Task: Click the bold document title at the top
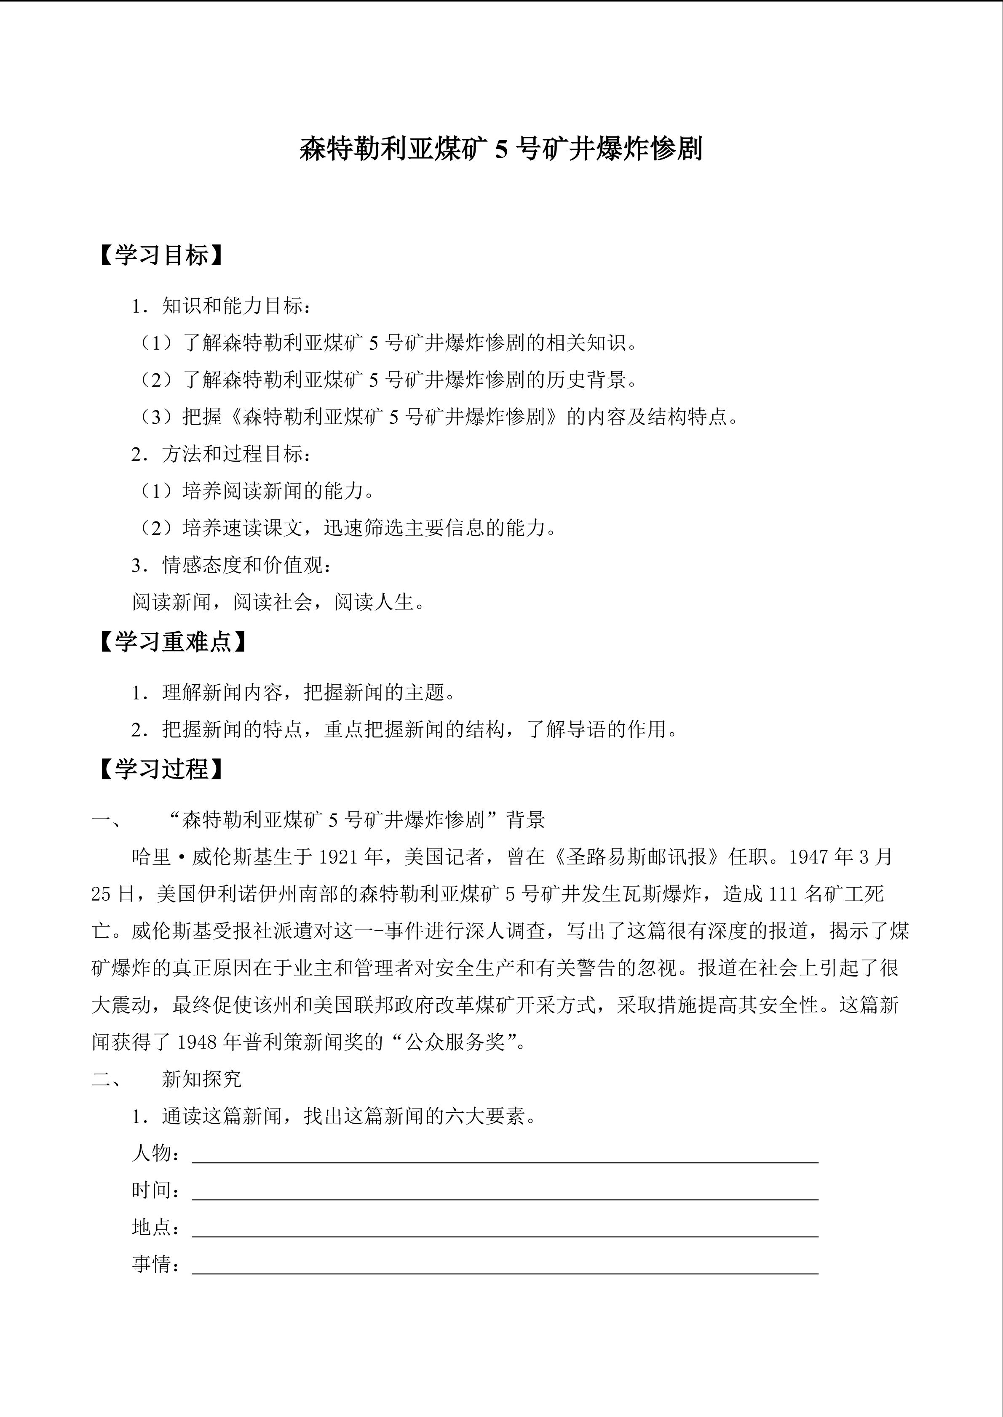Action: [501, 150]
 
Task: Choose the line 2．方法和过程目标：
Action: [221, 454]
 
